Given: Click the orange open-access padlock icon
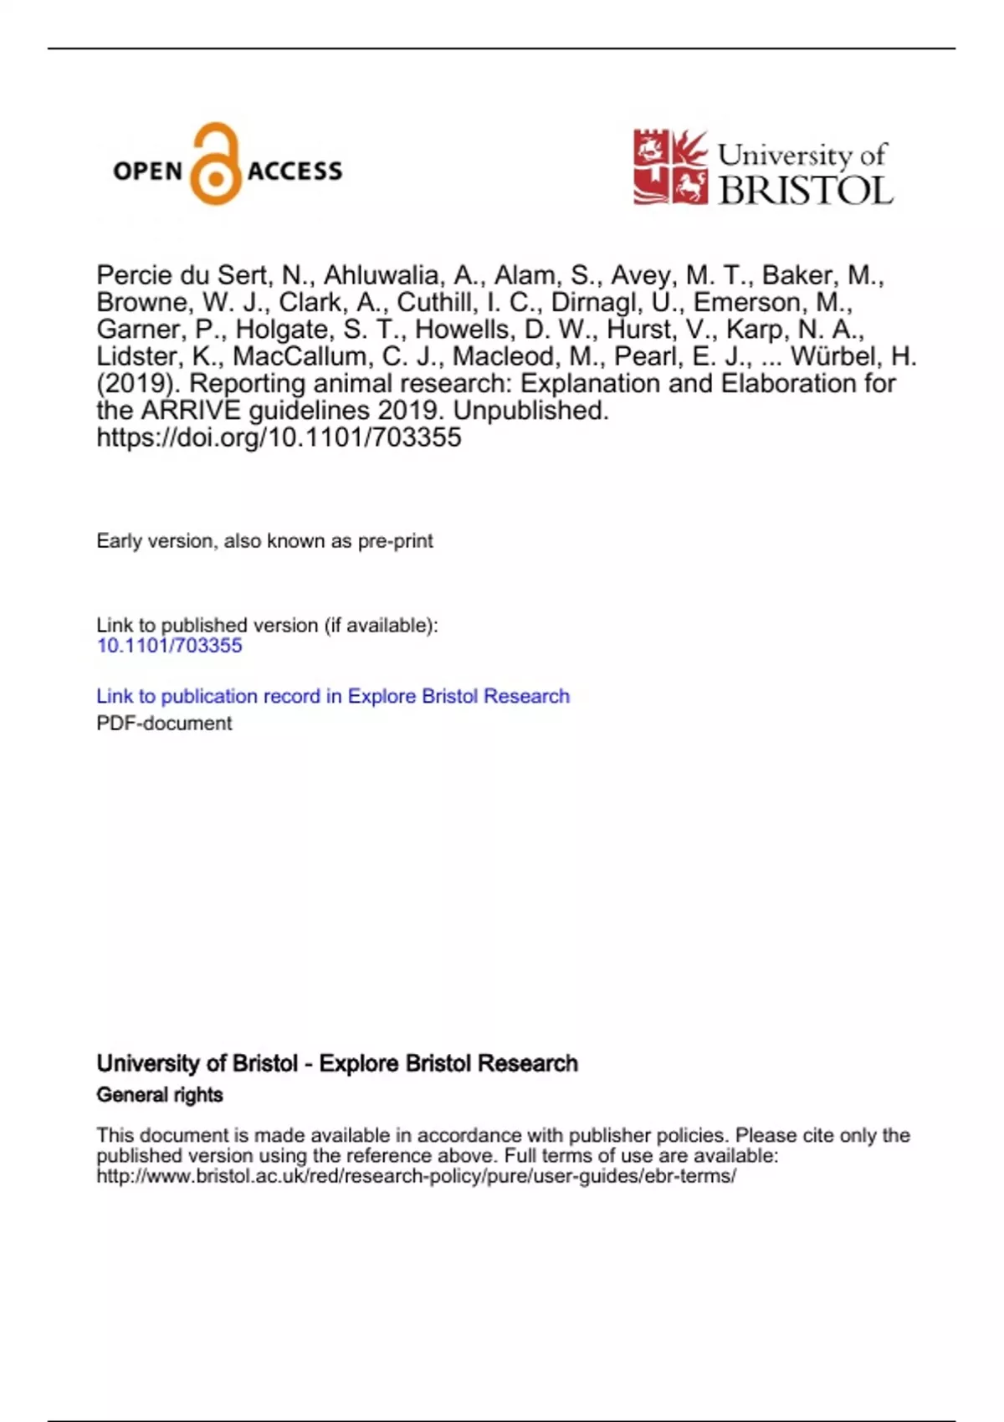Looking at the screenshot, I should pos(216,165).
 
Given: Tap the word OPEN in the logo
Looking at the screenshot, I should pos(147,171).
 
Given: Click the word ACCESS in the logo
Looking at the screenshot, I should pos(295,171).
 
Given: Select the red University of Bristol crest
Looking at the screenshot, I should pos(670,166).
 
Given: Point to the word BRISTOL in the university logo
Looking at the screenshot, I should pos(806,191).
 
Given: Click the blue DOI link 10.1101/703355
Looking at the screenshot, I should pos(169,646).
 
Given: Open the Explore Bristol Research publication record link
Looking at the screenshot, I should pos(332,696).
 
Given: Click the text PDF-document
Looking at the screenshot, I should pos(164,724).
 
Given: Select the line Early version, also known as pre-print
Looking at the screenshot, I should pos(264,541).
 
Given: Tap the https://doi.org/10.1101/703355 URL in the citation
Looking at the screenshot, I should pos(279,437).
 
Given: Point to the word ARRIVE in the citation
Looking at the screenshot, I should pos(190,411).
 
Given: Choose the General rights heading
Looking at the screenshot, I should pos(160,1095).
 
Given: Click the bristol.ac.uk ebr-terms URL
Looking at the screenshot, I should pos(416,1176).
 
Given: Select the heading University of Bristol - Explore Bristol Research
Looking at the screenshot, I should pos(337,1063).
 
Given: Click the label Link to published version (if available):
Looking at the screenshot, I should pos(267,626).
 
